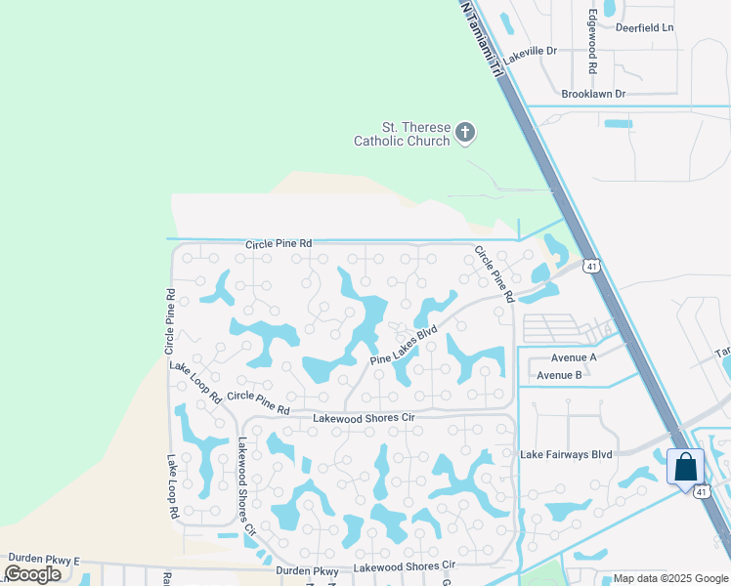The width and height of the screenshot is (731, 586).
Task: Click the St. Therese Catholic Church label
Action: point(402,134)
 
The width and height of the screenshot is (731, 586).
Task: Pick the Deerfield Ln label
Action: point(645,27)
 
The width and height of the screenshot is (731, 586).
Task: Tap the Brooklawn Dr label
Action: point(593,94)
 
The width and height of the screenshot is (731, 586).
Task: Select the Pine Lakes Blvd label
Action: point(403,347)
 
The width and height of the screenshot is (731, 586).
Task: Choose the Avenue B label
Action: point(559,375)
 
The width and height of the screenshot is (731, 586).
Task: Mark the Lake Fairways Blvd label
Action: point(566,454)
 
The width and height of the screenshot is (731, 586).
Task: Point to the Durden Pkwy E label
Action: point(42,561)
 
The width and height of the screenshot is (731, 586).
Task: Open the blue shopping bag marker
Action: point(686,466)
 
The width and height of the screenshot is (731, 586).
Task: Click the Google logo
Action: point(32,573)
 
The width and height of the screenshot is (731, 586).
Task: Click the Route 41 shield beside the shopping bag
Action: point(703,491)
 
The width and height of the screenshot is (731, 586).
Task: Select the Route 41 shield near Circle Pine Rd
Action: point(590,266)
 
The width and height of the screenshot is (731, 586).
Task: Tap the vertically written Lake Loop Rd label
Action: point(172,486)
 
